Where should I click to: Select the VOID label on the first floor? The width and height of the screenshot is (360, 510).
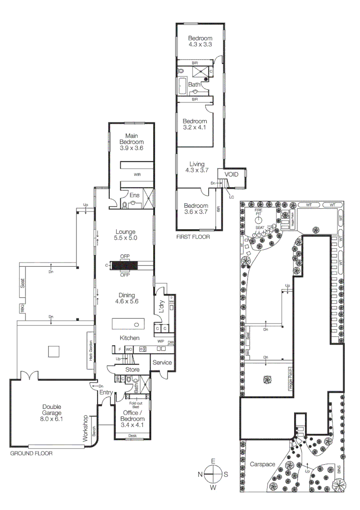pyautogui.click(x=231, y=174)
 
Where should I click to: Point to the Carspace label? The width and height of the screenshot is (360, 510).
pyautogui.click(x=262, y=464)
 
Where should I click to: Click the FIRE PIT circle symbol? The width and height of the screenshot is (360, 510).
pyautogui.click(x=259, y=220)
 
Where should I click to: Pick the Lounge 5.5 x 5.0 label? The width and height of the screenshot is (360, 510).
pyautogui.click(x=126, y=235)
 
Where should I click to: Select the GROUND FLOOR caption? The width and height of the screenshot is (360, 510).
pyautogui.click(x=31, y=453)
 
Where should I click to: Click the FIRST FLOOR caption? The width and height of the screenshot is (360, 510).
pyautogui.click(x=193, y=236)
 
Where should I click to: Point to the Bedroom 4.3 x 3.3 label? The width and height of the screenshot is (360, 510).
pyautogui.click(x=200, y=42)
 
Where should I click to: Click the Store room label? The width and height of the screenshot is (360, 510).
pyautogui.click(x=132, y=369)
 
